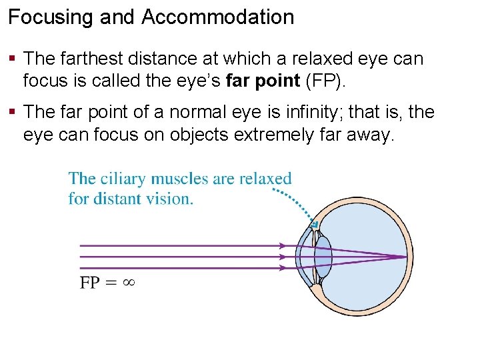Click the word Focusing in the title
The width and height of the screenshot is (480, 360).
point(51,17)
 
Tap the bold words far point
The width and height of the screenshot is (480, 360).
point(263,81)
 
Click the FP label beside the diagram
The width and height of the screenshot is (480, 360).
point(91,282)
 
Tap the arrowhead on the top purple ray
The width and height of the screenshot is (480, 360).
point(283,245)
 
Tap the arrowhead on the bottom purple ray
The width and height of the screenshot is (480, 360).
point(283,268)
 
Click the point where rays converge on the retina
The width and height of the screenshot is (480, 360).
point(405,257)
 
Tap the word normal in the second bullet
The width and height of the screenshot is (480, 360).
point(198,112)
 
